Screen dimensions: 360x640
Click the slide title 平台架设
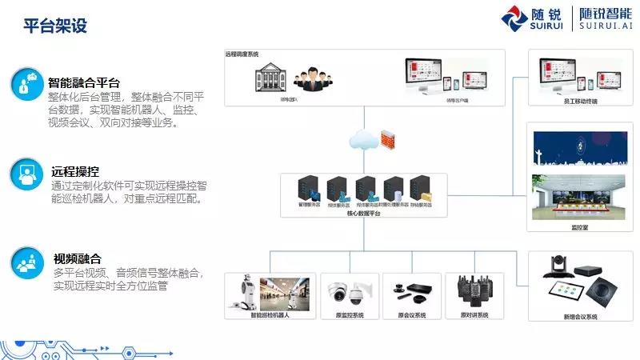[54, 26]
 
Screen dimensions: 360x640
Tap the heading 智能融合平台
[83, 82]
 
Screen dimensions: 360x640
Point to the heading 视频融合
[77, 258]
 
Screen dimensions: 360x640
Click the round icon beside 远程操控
[28, 174]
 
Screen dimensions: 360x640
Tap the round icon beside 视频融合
[28, 262]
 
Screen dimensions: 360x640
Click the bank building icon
[270, 78]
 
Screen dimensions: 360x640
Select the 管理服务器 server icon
[308, 190]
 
